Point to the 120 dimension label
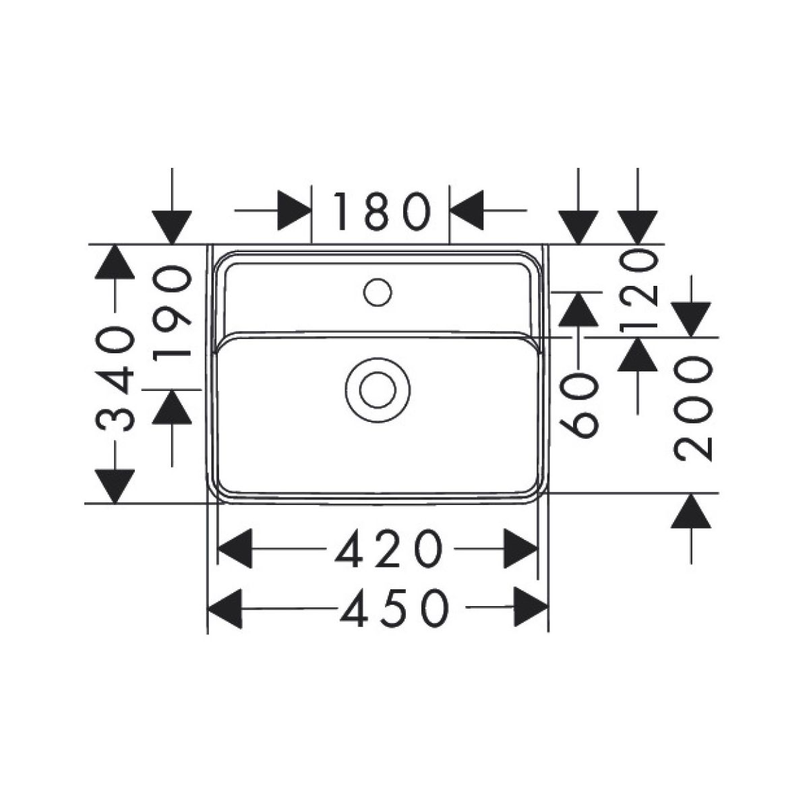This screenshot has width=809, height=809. coord(638,290)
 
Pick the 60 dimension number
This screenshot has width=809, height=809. coord(578,405)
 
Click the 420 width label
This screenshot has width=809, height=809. coord(389,549)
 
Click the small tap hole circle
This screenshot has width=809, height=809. coord(378,292)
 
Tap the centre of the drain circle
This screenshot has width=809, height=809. coord(378,390)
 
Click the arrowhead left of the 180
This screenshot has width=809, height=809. coord(295,210)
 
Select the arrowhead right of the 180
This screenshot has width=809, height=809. coord(466,210)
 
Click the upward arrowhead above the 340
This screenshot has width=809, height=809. coord(115,262)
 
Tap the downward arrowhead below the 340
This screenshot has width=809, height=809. coord(115,486)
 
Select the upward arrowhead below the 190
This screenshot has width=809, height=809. coord(172,407)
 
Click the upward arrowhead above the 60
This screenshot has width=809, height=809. coord(578,309)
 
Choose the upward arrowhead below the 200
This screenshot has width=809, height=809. coord(691,510)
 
